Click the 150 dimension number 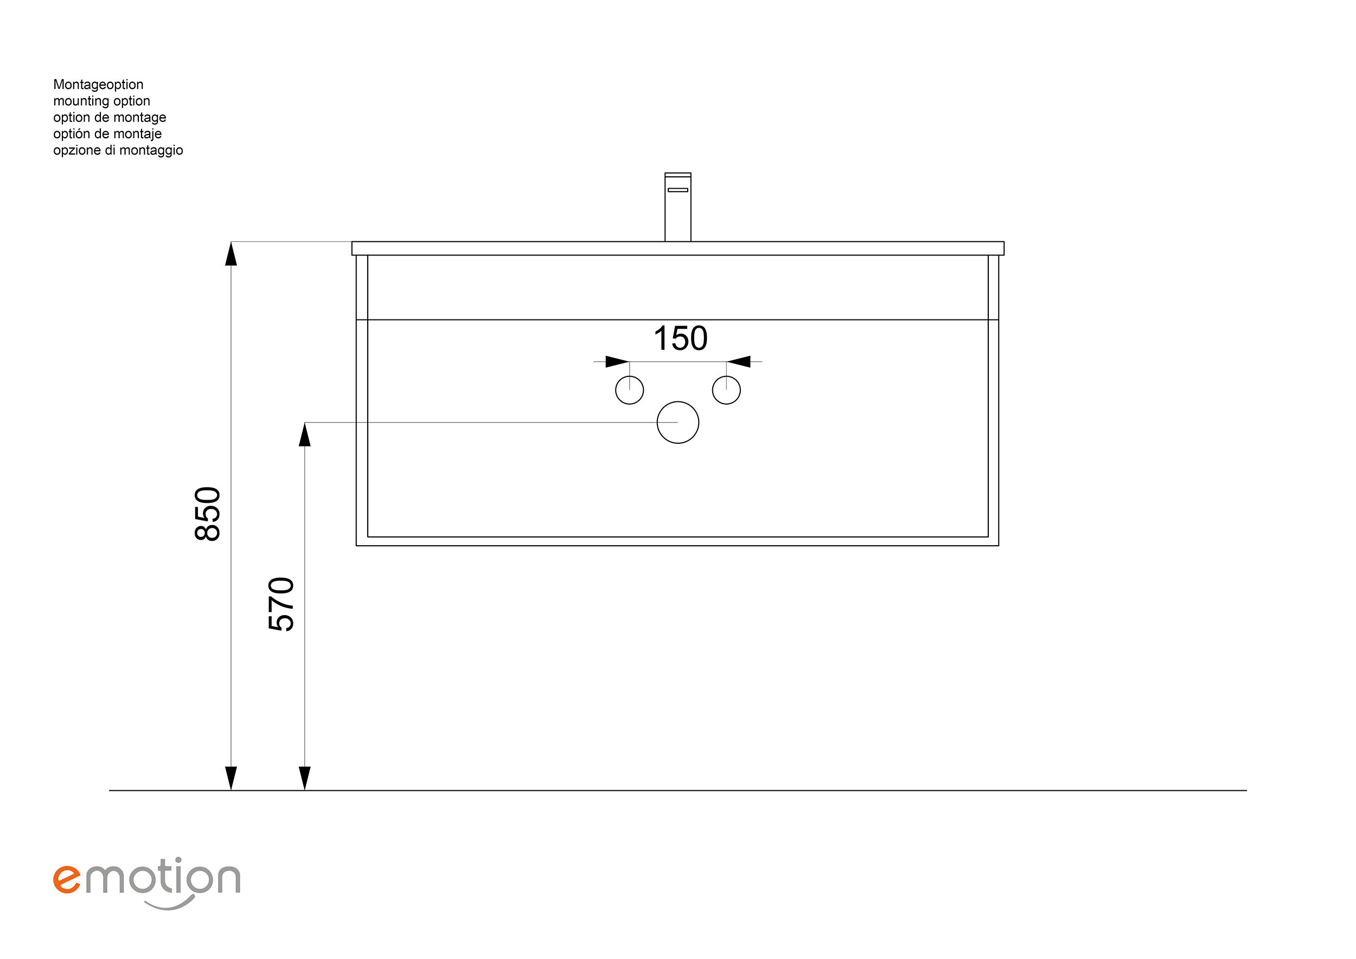pyautogui.click(x=680, y=338)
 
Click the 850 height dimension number pyautogui.click(x=208, y=514)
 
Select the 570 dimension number pyautogui.click(x=281, y=604)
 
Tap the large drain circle pyautogui.click(x=678, y=402)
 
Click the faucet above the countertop pyautogui.click(x=678, y=207)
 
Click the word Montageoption pyautogui.click(x=98, y=85)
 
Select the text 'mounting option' pyautogui.click(x=101, y=101)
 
